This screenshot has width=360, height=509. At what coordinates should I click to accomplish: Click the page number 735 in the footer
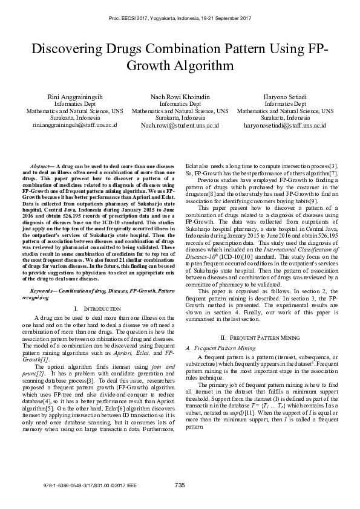pos(180,485)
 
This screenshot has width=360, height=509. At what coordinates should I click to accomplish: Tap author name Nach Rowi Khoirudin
pos(180,97)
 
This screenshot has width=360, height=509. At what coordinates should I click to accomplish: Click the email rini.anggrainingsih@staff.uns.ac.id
pos(74,125)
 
